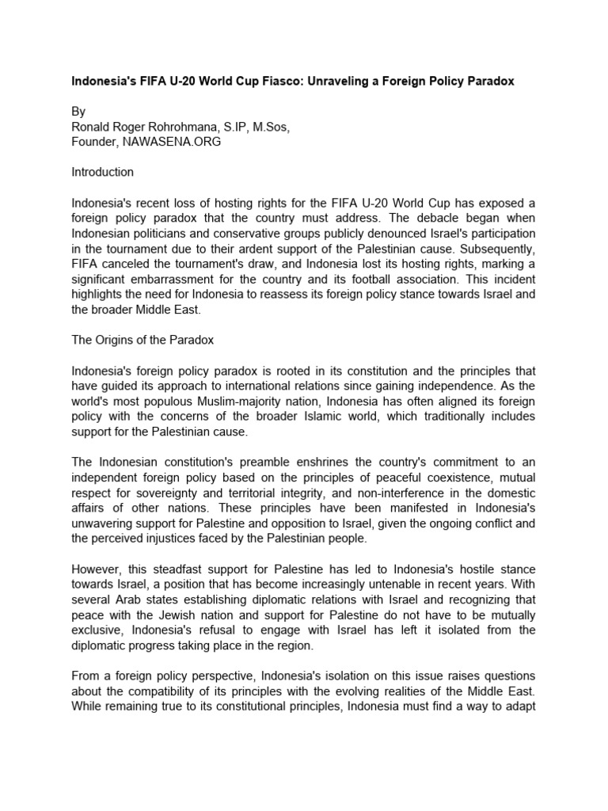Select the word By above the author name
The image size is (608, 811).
(x=79, y=112)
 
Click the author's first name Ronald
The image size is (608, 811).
(x=92, y=127)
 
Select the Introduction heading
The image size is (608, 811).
(x=103, y=172)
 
